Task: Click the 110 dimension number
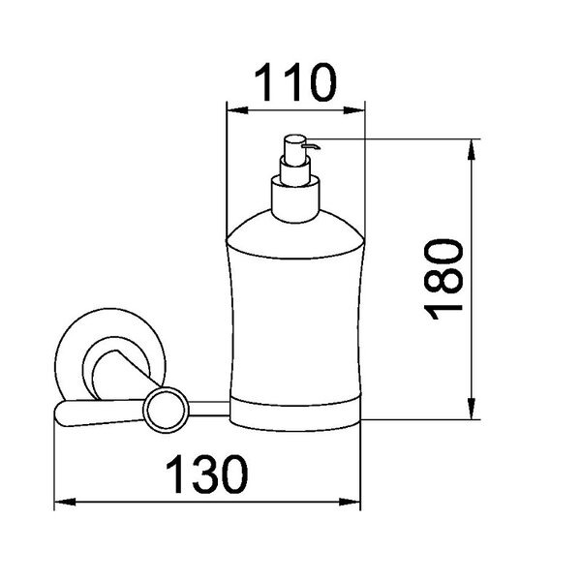[295, 82]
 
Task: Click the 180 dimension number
[443, 279]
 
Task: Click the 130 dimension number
[207, 474]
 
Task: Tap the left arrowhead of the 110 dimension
[237, 110]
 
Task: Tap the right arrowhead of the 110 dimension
[354, 110]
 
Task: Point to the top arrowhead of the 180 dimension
[472, 150]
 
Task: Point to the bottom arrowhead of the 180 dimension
[472, 409]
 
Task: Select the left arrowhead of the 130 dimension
[65, 502]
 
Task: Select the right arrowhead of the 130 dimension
[350, 502]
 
